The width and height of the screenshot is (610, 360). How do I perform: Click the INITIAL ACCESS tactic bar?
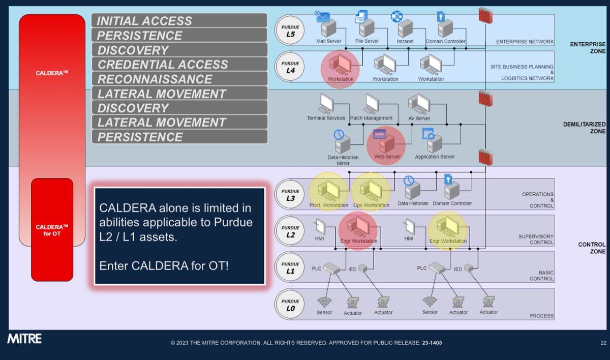(179, 21)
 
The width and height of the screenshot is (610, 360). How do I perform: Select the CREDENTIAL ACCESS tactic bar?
(179, 65)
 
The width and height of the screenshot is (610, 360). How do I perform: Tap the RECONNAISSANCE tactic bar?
(179, 79)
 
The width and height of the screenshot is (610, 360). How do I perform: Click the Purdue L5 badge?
(290, 31)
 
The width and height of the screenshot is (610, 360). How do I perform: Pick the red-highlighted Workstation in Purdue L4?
(340, 65)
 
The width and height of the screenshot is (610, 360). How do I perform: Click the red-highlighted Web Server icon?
(385, 144)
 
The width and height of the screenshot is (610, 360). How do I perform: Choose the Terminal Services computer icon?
(325, 104)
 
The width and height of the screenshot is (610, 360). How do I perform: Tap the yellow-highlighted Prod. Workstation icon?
(328, 191)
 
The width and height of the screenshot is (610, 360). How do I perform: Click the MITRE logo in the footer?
(24, 339)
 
